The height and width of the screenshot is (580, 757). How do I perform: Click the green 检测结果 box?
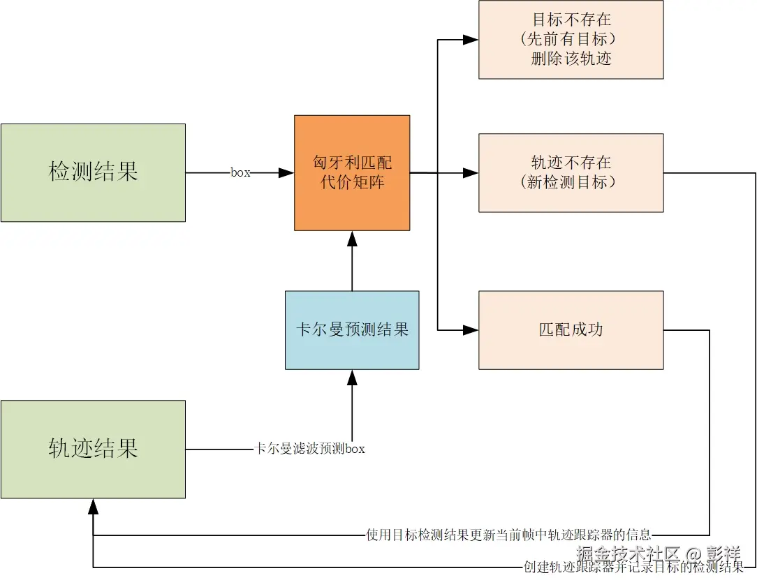click(93, 172)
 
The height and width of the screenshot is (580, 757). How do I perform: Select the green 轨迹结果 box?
click(93, 449)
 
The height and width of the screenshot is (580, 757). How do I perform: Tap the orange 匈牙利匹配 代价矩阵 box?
click(352, 172)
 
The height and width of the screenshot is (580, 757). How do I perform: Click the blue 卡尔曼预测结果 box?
click(352, 329)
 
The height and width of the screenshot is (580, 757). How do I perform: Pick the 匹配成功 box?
click(571, 329)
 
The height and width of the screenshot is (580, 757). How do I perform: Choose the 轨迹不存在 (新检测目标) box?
click(571, 172)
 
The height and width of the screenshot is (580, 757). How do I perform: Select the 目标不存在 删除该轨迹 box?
click(571, 40)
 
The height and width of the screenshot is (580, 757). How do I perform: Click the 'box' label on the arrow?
click(240, 172)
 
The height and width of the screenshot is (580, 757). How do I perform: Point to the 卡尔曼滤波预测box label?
click(309, 449)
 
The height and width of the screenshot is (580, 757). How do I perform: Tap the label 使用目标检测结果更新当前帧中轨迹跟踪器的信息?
click(508, 535)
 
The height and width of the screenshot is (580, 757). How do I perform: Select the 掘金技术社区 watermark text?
click(629, 555)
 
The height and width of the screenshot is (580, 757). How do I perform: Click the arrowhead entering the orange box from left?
click(286, 172)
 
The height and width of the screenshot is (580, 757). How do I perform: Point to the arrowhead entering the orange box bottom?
click(352, 239)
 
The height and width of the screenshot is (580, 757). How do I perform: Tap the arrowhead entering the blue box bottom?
click(352, 378)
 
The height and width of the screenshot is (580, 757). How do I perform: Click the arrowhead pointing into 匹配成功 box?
click(471, 329)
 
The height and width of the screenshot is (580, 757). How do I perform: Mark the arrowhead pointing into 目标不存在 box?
click(471, 40)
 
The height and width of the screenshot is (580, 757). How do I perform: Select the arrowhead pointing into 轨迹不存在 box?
click(471, 172)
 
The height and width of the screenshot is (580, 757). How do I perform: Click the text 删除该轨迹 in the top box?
click(571, 59)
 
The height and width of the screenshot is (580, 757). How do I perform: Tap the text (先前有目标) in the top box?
click(571, 39)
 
